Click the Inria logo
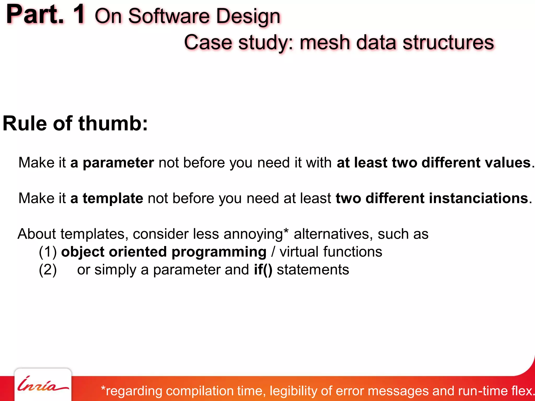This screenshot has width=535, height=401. pyautogui.click(x=43, y=385)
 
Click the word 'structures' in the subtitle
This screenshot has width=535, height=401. pyautogui.click(x=448, y=43)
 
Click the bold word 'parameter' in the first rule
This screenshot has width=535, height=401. pyautogui.click(x=118, y=163)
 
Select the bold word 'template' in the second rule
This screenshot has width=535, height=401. pyautogui.click(x=113, y=198)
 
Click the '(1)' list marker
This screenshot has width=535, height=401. pyautogui.click(x=48, y=252)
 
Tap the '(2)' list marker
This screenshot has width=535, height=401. pyautogui.click(x=48, y=270)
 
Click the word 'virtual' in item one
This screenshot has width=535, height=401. pyautogui.click(x=299, y=252)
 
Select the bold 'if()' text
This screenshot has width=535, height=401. pyautogui.click(x=263, y=270)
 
